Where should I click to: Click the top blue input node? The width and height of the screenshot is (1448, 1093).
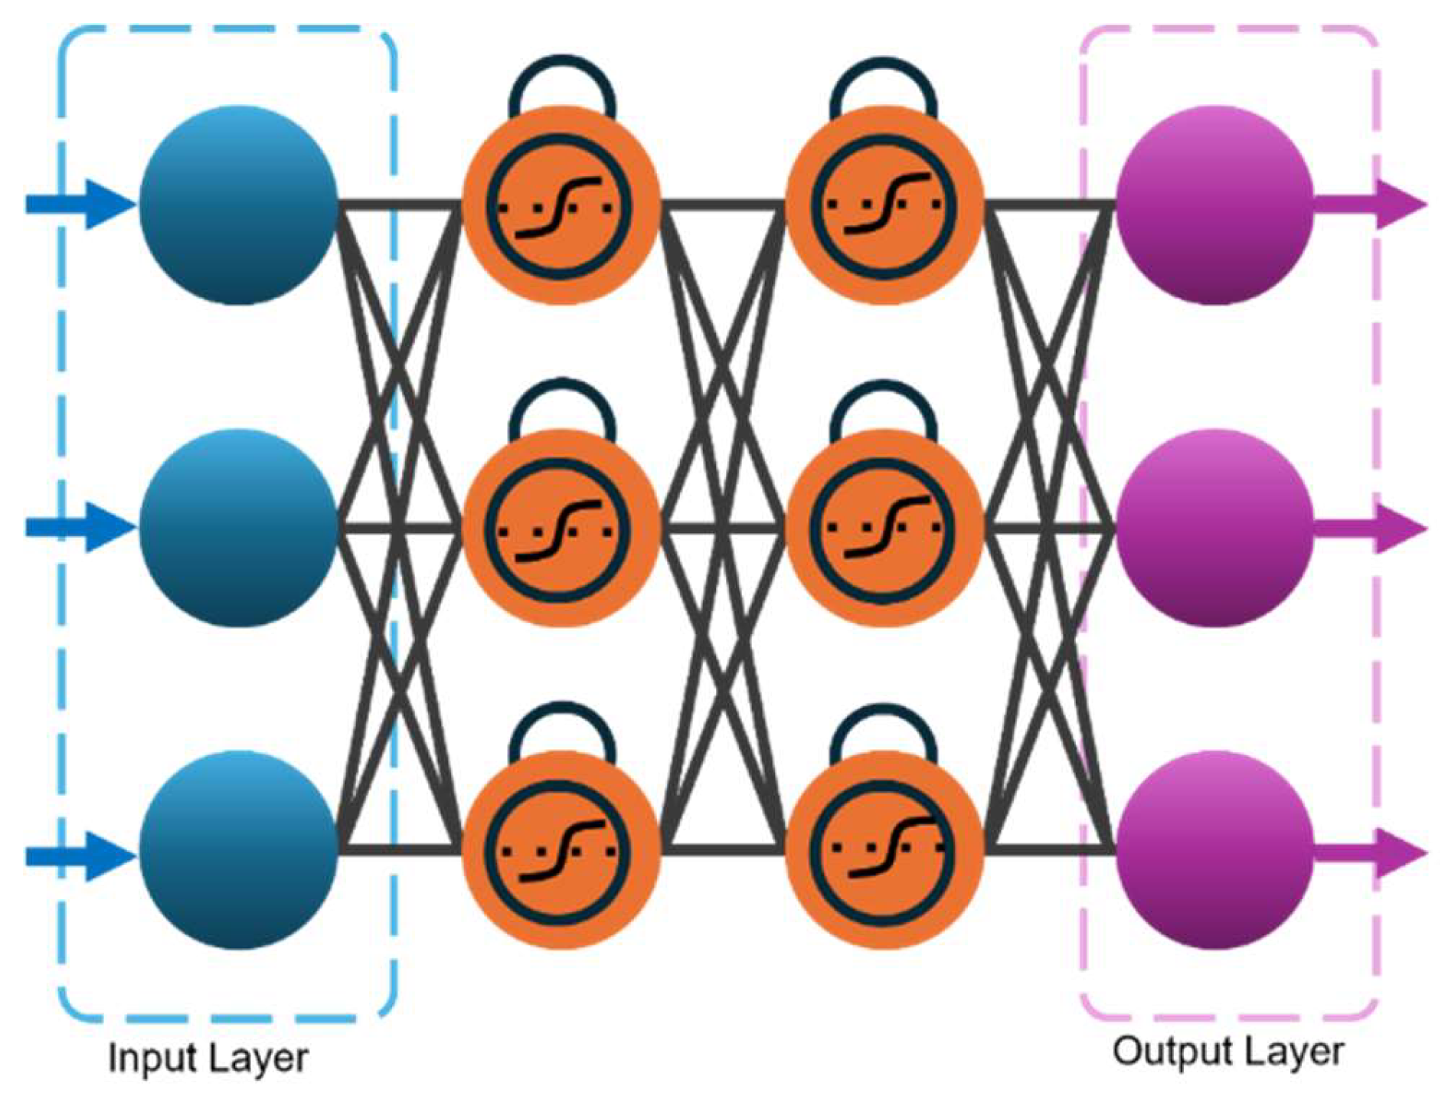238,205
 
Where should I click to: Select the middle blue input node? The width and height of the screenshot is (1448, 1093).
238,528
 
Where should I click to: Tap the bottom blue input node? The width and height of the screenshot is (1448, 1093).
238,850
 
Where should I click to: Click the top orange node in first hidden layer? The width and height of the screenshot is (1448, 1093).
561,205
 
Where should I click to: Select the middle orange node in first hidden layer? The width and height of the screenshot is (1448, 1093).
561,528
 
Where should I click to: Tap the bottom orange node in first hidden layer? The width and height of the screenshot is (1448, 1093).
561,850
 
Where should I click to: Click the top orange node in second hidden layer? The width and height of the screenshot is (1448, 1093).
884,205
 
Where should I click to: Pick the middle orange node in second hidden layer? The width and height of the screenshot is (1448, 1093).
884,528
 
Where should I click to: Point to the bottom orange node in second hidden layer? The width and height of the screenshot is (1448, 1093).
884,850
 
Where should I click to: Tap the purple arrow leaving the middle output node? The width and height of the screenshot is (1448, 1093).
1371,528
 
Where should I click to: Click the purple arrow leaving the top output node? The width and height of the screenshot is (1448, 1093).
1371,205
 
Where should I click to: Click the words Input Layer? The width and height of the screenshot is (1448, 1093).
208,1058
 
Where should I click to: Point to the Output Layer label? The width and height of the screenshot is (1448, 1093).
1228,1052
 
